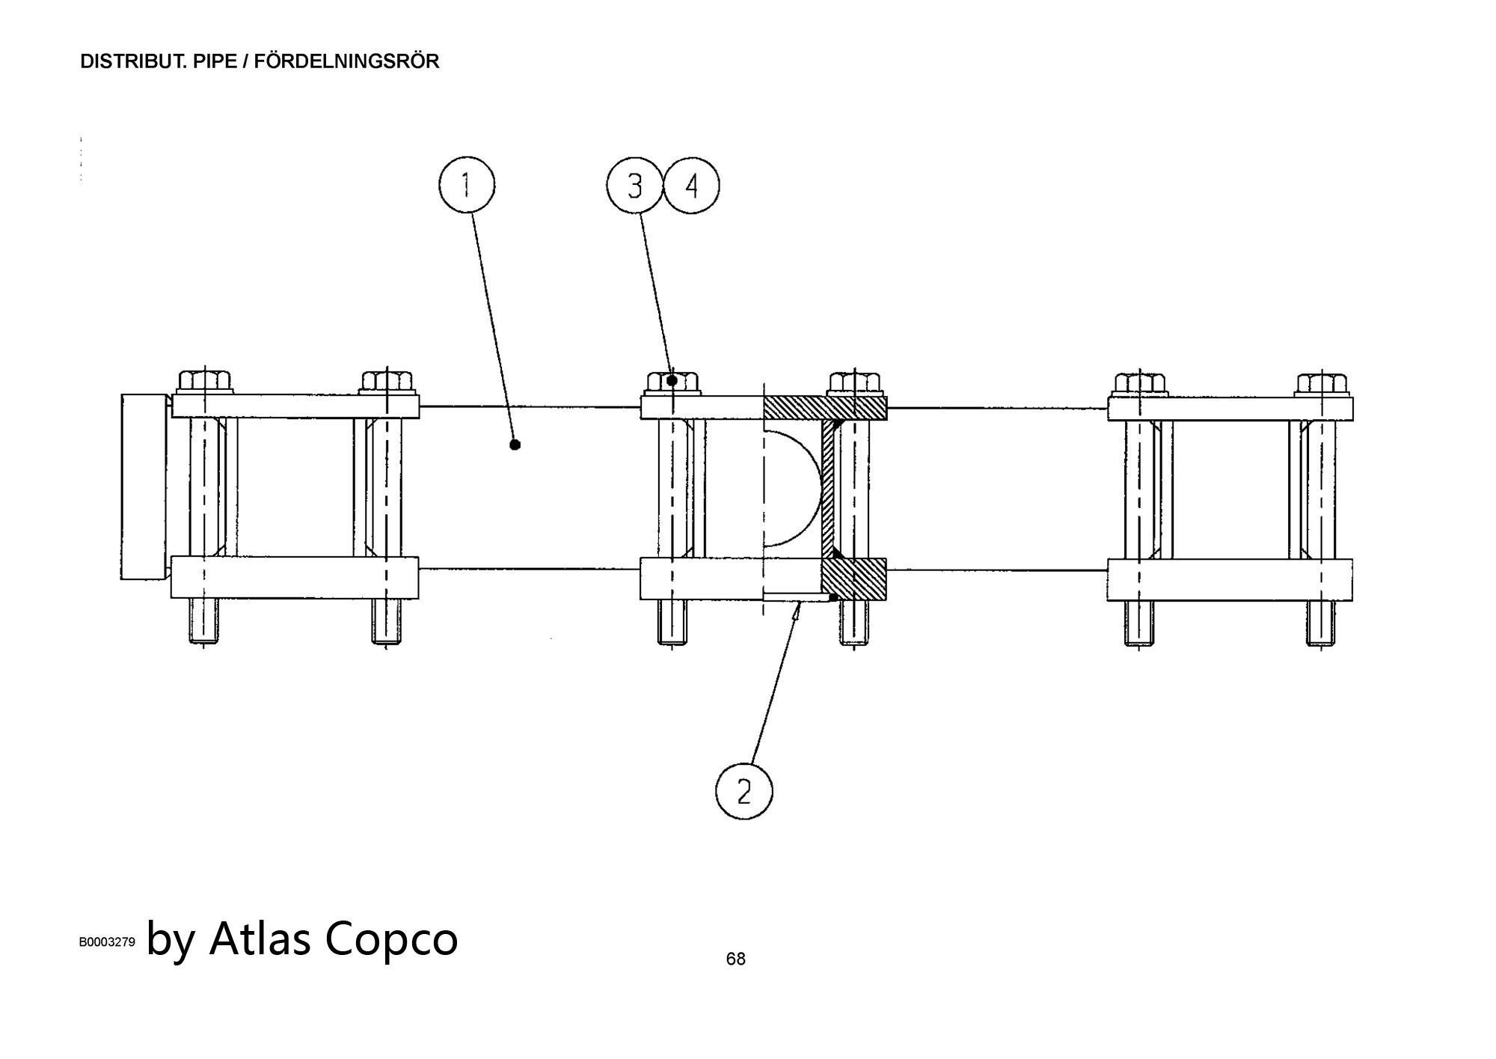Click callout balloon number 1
pos(466,185)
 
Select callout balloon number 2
pos(744,791)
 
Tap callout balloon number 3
pos(634,186)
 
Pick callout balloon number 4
pos(691,186)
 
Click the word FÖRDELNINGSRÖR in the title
pos(346,61)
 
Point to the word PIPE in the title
pos(213,61)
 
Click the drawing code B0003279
pos(107,942)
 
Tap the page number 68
pos(735,959)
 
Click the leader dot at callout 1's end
pos(515,445)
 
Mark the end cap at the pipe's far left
pos(144,486)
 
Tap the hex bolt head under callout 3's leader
pos(671,382)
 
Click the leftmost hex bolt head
pos(205,382)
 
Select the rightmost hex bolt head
pos(1321,384)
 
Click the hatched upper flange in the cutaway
pos(824,408)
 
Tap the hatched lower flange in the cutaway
pos(854,579)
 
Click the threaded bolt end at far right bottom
pos(1321,622)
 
